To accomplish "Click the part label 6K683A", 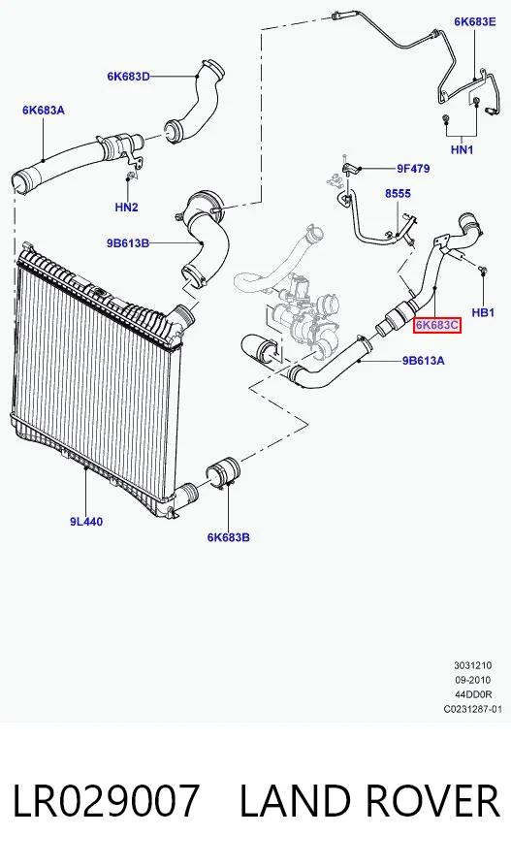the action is (43, 111).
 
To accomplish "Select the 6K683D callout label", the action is (128, 77).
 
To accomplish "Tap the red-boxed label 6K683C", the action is (437, 325).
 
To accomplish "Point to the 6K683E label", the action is (475, 21).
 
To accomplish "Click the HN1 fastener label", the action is (462, 149).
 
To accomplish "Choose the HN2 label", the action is (126, 208).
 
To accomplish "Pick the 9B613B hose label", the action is (128, 242).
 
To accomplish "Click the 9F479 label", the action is (412, 169).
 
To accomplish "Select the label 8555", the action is (399, 194).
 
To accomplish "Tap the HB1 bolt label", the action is (483, 313).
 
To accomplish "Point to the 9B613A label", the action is (423, 361).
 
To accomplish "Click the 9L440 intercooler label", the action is (86, 522).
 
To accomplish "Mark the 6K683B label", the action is (229, 537).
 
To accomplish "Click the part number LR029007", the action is (105, 801).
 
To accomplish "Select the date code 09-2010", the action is (473, 680).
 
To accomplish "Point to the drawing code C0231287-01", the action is (473, 709).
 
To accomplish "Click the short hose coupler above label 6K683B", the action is (222, 471).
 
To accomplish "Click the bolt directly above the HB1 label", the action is (483, 271).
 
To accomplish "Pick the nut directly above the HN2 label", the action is (128, 177).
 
